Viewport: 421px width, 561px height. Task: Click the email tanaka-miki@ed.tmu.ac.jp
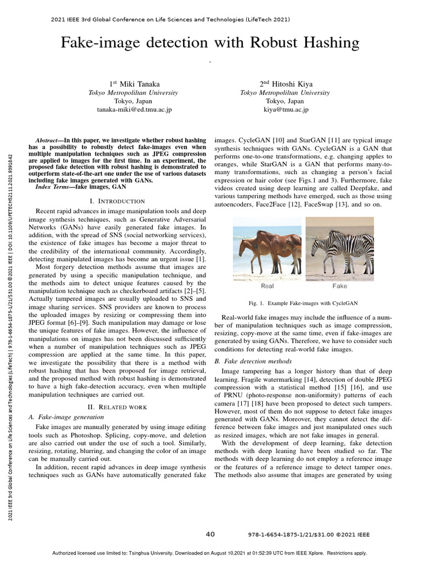tap(134, 110)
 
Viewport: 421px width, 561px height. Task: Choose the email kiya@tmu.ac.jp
tap(285, 110)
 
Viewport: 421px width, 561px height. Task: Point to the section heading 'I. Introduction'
tap(117, 201)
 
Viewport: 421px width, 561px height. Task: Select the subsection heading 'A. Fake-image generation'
tap(66, 417)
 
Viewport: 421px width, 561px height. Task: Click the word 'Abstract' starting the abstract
tap(47, 141)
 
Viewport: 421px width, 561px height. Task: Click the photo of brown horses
tap(267, 247)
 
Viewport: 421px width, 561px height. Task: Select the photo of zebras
tap(339, 247)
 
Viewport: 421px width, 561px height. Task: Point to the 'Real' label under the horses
tap(267, 285)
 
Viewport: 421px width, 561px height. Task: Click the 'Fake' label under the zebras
tap(339, 285)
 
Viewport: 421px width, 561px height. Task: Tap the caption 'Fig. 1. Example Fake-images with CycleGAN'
tap(303, 302)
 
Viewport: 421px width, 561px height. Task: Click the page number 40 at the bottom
tap(210, 534)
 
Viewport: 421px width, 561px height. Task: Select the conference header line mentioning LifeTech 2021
tap(170, 19)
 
